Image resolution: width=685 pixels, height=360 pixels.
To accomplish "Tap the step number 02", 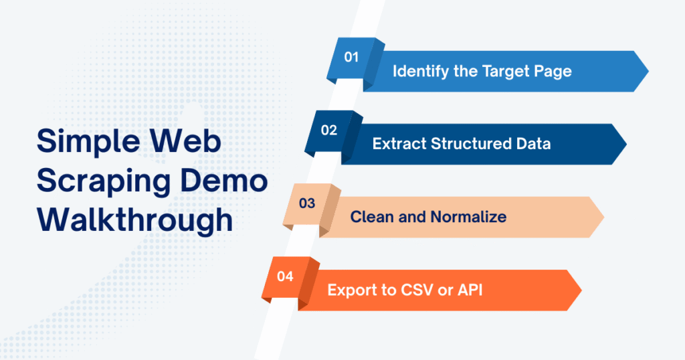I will point(328,130).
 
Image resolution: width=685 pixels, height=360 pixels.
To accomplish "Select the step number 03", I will point(307,203).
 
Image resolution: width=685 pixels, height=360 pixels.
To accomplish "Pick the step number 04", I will point(285,276).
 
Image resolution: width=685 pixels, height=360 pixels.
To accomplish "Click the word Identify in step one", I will point(419,70).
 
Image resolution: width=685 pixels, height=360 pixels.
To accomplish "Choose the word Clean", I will point(372,217).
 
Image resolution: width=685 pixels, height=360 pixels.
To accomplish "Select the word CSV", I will point(415,290).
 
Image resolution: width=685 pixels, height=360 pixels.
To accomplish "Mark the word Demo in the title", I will point(230,181).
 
